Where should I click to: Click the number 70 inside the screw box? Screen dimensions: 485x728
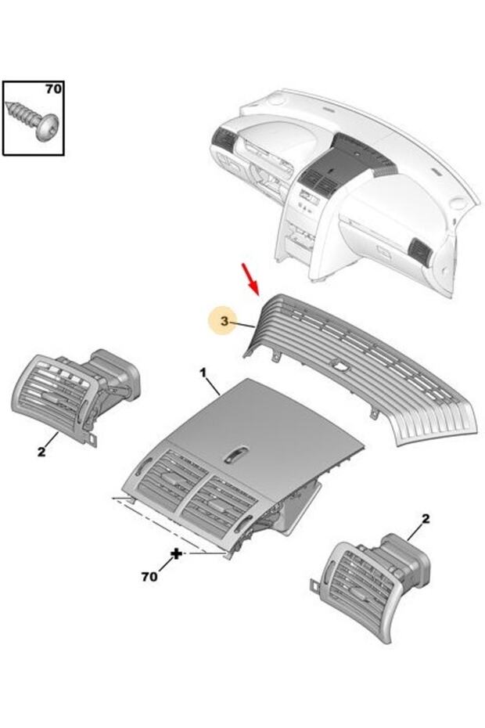tap(53, 88)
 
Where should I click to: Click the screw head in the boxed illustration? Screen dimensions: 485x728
tap(46, 126)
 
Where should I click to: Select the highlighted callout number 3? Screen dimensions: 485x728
tap(225, 321)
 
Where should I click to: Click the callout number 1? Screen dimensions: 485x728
tap(203, 373)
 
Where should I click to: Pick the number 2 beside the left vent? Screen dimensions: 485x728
tap(41, 452)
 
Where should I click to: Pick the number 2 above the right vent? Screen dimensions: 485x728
tap(426, 518)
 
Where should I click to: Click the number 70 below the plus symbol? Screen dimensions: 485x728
tap(149, 576)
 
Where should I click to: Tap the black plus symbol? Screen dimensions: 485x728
tap(176, 553)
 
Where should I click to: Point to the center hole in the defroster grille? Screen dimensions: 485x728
tap(339, 366)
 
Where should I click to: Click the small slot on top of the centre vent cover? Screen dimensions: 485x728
tap(237, 456)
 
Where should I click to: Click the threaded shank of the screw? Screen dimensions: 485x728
tap(22, 112)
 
